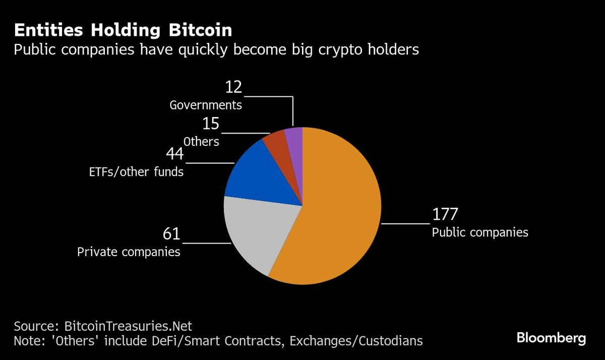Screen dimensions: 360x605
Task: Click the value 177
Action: tap(445, 214)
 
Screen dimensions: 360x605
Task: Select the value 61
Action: tap(171, 234)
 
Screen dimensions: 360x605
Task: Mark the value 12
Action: tap(233, 88)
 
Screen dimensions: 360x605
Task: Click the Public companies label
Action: tap(480, 232)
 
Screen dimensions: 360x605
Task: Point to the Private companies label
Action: tap(129, 252)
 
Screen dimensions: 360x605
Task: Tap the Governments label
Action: tap(206, 105)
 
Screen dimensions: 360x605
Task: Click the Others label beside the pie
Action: tap(201, 142)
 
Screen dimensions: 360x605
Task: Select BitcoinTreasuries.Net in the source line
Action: tap(128, 325)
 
